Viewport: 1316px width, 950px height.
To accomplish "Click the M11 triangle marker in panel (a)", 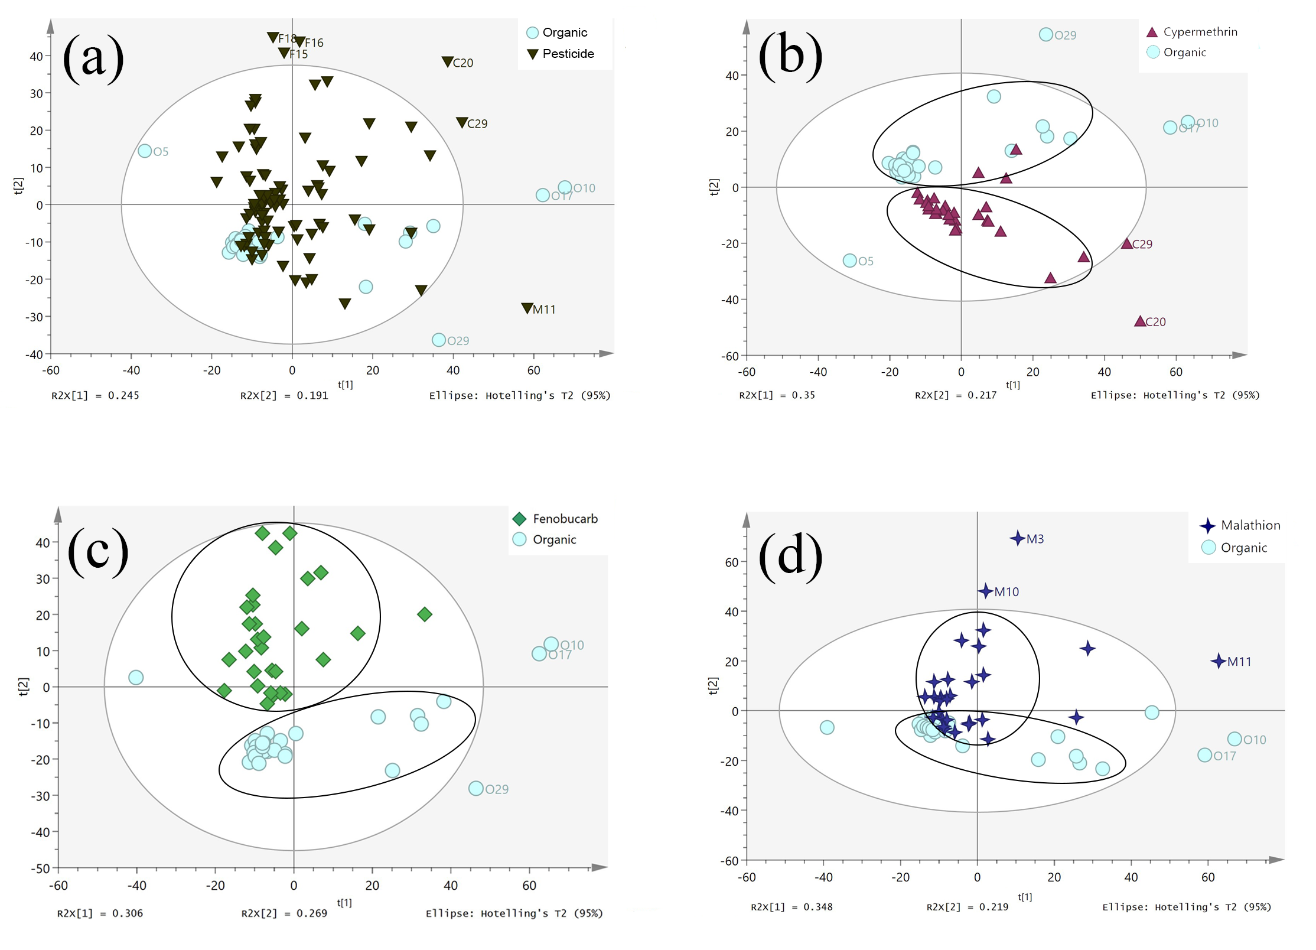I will tap(527, 308).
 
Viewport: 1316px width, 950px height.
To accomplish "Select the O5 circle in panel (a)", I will tap(145, 151).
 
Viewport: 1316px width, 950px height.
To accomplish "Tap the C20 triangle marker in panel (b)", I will tap(1140, 321).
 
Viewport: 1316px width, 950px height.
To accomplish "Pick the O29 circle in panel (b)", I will tap(1045, 34).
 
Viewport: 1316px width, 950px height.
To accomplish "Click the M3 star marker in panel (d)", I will tap(1017, 538).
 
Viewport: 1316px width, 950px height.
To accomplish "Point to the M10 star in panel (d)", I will tap(985, 591).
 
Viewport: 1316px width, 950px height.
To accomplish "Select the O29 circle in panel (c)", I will tap(476, 788).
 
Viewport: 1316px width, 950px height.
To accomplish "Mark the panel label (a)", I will tap(93, 57).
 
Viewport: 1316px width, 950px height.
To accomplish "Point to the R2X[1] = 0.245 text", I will tap(95, 395).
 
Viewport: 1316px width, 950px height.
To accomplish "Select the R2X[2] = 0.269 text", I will tap(284, 913).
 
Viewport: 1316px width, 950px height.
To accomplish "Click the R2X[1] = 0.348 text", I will tap(791, 907).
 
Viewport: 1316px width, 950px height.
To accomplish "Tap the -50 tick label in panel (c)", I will tap(40, 868).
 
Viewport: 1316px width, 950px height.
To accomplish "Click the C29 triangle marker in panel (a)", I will tap(462, 123).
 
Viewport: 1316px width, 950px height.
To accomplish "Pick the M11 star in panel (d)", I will tap(1218, 661).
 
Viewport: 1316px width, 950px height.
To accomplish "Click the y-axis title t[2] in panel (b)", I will tap(714, 187).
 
